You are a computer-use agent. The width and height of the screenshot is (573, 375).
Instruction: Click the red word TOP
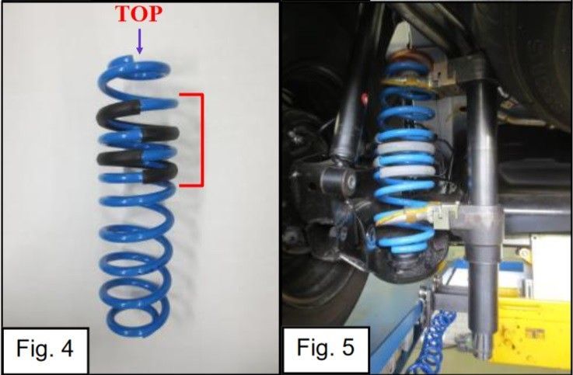pos(139,14)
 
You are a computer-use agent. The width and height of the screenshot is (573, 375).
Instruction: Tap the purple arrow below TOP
pos(139,41)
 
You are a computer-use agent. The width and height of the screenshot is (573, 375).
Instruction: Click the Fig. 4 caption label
pos(45,349)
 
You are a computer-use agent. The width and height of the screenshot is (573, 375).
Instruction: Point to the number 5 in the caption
pos(348,347)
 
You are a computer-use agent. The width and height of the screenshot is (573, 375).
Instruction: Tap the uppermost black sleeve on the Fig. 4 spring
pos(119,110)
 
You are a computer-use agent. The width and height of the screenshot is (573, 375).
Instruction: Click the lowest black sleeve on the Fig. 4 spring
pos(159,173)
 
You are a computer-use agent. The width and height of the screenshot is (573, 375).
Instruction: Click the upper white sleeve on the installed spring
pos(406,148)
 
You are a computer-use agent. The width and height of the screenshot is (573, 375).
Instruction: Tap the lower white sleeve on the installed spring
pos(405,172)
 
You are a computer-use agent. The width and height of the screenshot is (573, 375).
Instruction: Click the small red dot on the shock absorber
pos(364,98)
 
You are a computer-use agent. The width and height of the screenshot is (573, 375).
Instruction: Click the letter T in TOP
pos(124,14)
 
